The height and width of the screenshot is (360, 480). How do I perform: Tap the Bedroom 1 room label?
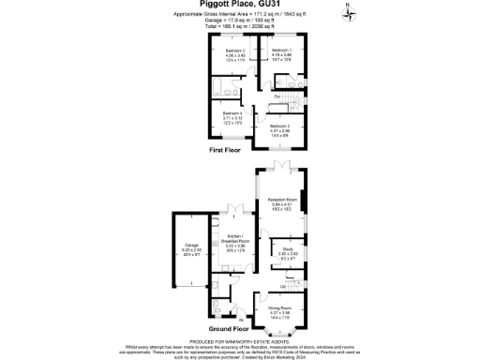pyautogui.click(x=281, y=53)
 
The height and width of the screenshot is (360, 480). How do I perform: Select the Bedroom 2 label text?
pyautogui.click(x=234, y=53)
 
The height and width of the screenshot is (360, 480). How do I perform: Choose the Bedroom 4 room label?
pyautogui.click(x=232, y=116)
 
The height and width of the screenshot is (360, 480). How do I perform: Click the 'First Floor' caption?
pyautogui.click(x=228, y=149)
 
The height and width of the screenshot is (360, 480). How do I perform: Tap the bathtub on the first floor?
pyautogui.click(x=229, y=91)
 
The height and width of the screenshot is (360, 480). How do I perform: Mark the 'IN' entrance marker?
pyautogui.click(x=241, y=321)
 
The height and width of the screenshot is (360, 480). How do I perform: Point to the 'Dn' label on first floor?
pyautogui.click(x=277, y=96)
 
